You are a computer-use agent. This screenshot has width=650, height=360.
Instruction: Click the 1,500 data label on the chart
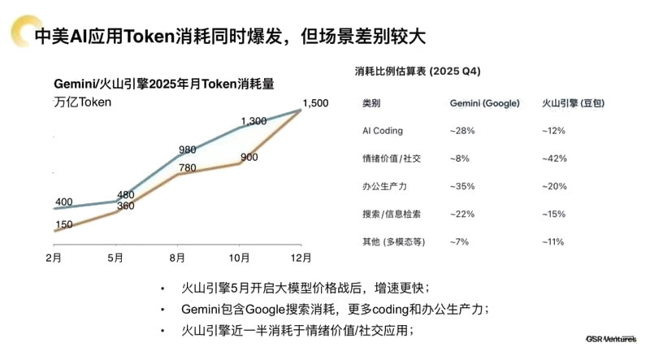[x=315, y=102]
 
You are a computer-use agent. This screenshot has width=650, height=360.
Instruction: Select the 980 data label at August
[x=188, y=149]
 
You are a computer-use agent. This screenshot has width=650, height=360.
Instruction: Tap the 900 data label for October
[x=249, y=157]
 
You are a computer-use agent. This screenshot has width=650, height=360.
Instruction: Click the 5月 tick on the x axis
[x=116, y=258]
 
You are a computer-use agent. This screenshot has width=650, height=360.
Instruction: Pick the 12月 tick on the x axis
[x=301, y=258]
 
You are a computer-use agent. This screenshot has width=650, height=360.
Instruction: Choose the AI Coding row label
[x=382, y=131]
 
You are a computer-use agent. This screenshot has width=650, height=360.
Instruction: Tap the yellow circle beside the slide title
[x=16, y=33]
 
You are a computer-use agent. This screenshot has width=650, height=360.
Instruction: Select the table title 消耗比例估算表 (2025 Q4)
[x=418, y=72]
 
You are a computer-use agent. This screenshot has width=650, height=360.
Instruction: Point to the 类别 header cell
[x=370, y=104]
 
